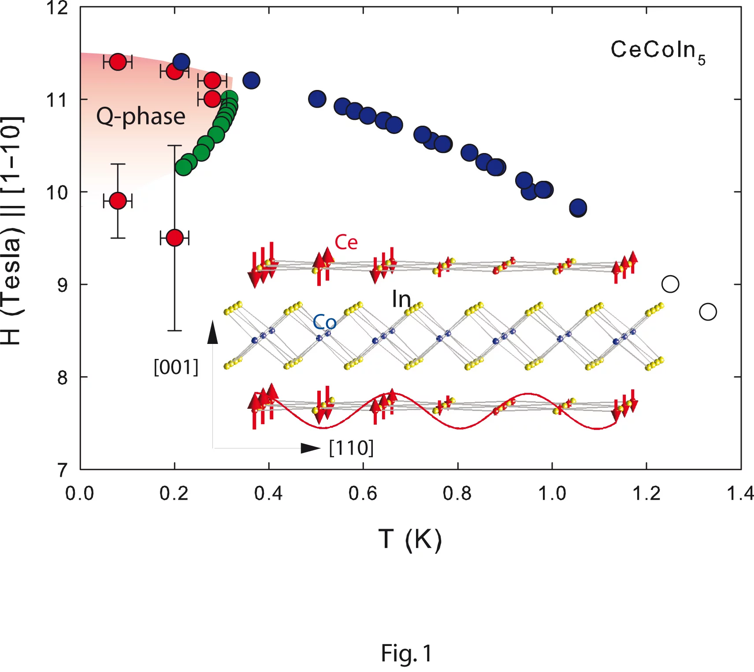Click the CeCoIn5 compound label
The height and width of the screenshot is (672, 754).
click(657, 51)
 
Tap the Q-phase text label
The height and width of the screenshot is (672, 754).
click(141, 117)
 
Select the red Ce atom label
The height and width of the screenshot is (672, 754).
click(346, 242)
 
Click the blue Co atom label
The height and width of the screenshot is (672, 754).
click(324, 322)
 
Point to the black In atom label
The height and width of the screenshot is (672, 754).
click(401, 300)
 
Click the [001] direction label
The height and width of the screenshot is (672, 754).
click(176, 367)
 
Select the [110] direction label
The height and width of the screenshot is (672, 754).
click(351, 448)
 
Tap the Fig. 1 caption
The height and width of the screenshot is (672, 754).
click(406, 653)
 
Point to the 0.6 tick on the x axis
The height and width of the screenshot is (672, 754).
click(363, 493)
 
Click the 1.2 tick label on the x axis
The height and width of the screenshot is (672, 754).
click(646, 493)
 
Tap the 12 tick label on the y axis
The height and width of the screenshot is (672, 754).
click(57, 8)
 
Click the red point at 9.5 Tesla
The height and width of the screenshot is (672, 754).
click(175, 238)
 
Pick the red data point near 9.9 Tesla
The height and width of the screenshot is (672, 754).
click(118, 201)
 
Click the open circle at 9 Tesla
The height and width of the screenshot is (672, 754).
click(670, 284)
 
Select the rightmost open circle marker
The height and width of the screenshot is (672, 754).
click(708, 312)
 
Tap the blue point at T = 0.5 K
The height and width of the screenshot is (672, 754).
click(317, 99)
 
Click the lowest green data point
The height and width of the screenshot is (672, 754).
click(183, 167)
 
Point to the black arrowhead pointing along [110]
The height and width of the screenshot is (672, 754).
click(310, 448)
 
